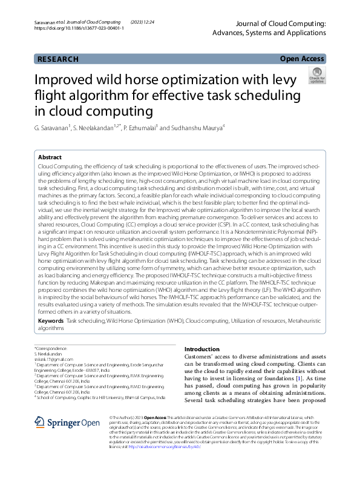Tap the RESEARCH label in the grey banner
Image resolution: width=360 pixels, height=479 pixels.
click(58, 59)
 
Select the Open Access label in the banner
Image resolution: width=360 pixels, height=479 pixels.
click(302, 59)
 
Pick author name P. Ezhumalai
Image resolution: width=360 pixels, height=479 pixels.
click(142, 128)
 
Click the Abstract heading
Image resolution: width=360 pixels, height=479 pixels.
click(50, 157)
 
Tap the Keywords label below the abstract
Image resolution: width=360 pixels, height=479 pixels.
click(51, 320)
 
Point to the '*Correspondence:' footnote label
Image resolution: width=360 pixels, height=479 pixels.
click(51, 349)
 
